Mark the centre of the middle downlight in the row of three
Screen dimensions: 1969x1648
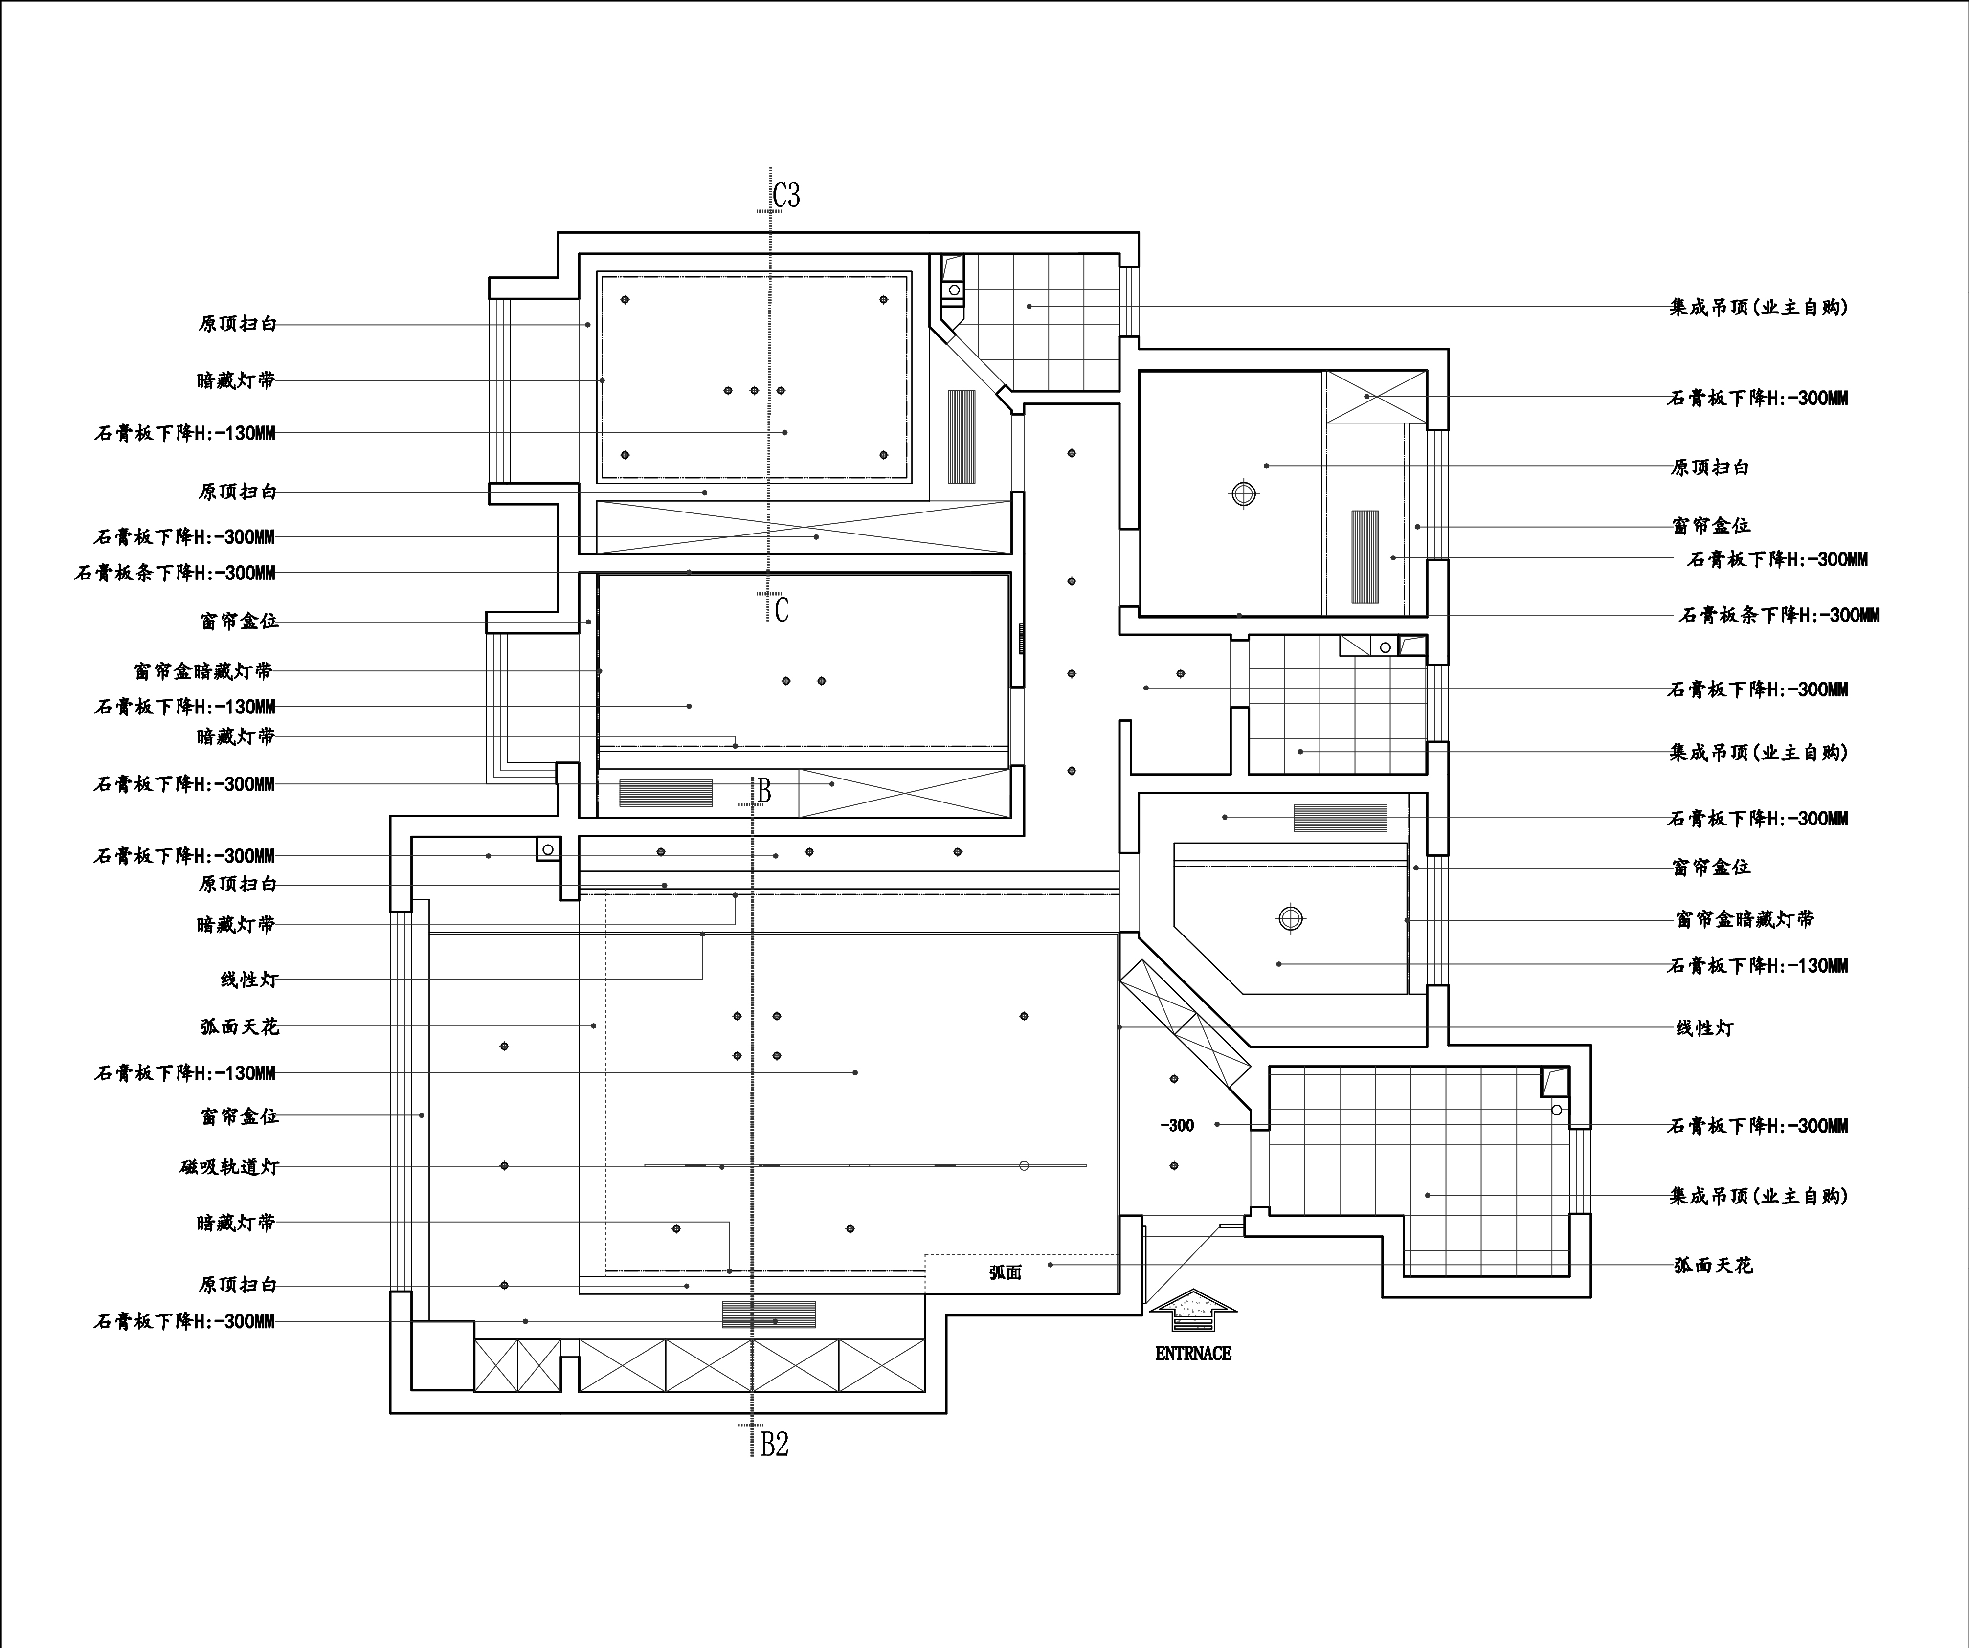754,390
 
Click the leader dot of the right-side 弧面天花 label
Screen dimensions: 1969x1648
1050,1265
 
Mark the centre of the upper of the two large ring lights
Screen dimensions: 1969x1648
1243,493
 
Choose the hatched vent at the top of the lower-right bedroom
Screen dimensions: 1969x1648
1340,818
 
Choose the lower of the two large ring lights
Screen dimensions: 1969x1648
1290,919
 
